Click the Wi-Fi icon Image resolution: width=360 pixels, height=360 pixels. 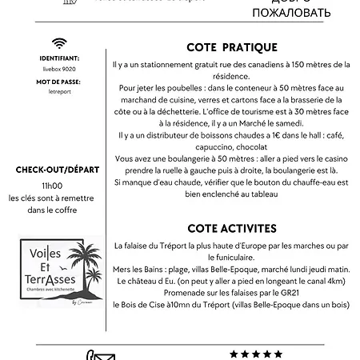[x=58, y=43]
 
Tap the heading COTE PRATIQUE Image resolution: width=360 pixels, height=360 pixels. [x=232, y=47]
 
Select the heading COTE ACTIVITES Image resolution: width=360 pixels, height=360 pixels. [x=232, y=228]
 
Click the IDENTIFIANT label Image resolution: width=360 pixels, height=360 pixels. [x=58, y=58]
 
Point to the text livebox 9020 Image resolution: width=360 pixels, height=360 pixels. [x=58, y=69]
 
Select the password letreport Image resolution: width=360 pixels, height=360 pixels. [x=58, y=93]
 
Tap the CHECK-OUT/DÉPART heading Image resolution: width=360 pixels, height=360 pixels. [x=58, y=169]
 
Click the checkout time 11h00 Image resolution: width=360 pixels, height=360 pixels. [x=58, y=184]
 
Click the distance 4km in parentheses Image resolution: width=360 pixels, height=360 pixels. [x=336, y=282]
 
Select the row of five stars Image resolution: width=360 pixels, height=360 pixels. [x=256, y=354]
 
